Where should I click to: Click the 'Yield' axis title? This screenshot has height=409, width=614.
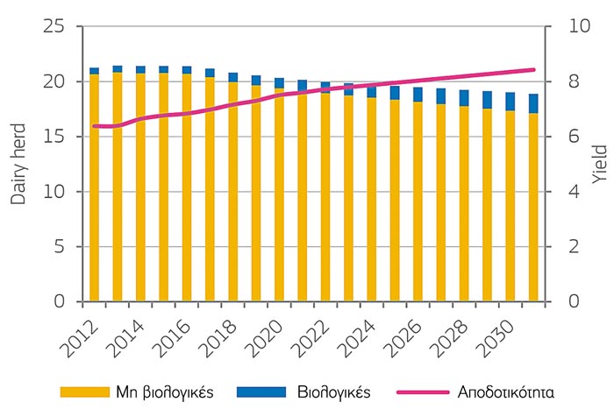(599, 164)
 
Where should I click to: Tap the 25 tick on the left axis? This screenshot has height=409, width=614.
(54, 26)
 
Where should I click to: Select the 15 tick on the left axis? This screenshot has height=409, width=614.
(54, 137)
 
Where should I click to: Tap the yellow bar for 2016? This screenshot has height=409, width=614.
(186, 188)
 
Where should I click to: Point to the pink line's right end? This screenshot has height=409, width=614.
(534, 69)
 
